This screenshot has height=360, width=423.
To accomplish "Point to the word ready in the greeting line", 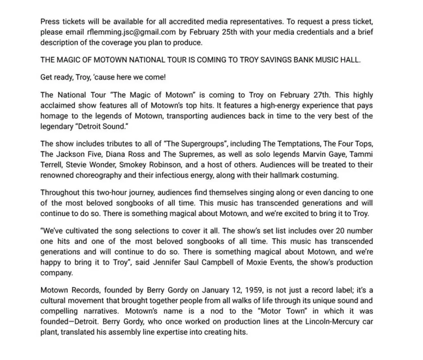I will [x=62, y=77].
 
